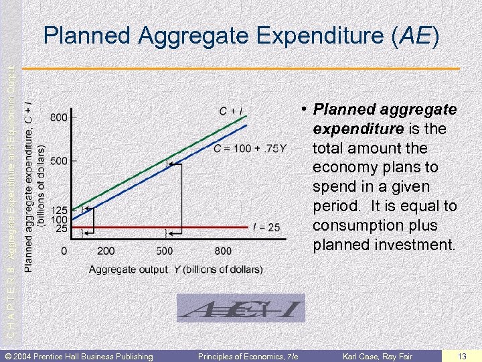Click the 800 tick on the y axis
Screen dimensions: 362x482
59,117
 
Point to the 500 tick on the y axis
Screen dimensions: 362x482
59,161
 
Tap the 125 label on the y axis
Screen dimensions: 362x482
60,210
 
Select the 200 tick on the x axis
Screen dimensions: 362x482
106,251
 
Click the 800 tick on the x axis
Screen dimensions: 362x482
224,251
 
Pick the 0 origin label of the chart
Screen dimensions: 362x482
64,251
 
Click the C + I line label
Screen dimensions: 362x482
231,111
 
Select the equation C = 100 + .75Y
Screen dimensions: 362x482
250,148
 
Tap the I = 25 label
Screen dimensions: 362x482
266,228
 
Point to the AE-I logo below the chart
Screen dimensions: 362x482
240,309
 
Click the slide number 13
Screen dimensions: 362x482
462,355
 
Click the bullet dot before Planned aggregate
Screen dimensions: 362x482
303,108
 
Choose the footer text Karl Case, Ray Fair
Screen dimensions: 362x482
378,355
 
